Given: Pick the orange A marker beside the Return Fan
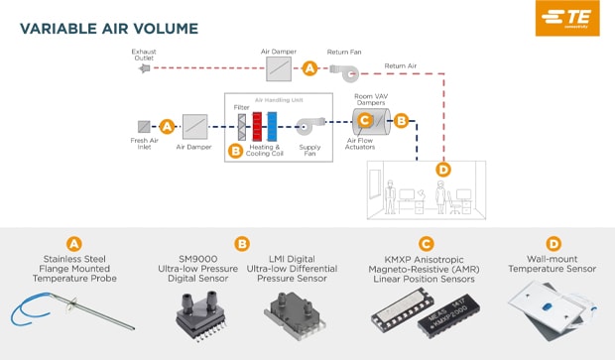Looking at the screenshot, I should pos(309,68).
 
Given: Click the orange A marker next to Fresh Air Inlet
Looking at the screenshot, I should pos(167,126).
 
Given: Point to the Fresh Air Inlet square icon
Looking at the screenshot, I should pos(144,126).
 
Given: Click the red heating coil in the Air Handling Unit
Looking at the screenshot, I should pos(256,126).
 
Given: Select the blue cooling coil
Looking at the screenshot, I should pos(272,126).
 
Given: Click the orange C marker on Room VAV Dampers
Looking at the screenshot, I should pos(364,120).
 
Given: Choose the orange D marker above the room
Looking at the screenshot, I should pos(442,170).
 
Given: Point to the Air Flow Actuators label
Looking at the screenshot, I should pos(365,146).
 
